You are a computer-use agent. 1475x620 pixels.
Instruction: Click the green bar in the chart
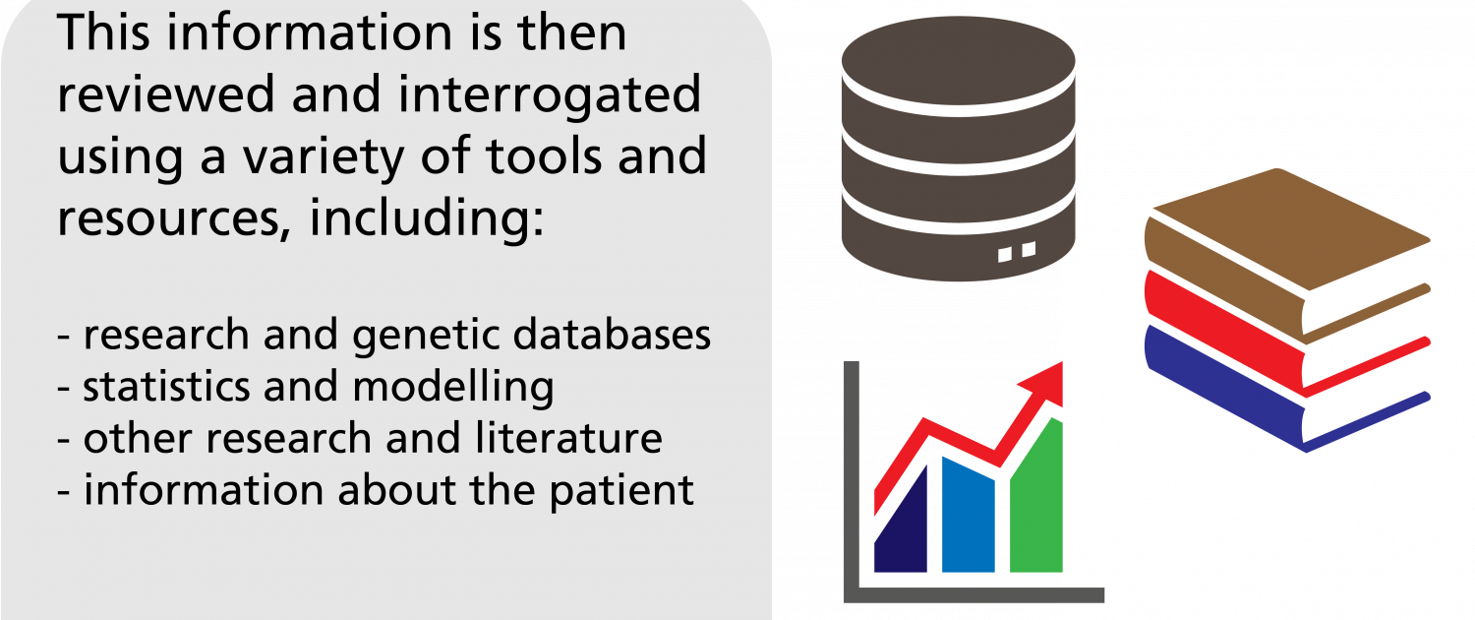(x=1036, y=507)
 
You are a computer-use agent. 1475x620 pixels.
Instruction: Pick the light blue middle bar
(x=969, y=517)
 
